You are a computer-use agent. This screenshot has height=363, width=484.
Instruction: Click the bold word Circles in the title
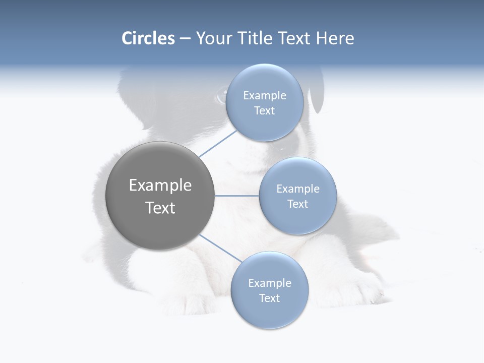(x=148, y=38)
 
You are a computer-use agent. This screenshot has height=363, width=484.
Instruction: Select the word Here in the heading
(x=335, y=38)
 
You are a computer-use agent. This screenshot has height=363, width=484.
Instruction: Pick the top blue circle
(x=264, y=126)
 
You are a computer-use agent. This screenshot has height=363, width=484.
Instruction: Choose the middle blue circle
(x=297, y=219)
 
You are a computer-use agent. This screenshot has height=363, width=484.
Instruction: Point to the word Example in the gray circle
(x=160, y=186)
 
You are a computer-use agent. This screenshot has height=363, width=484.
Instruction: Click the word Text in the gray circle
(x=160, y=208)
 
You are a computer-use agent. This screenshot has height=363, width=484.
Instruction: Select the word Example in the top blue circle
(x=264, y=95)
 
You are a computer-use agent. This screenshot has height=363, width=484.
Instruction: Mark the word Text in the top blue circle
(x=264, y=111)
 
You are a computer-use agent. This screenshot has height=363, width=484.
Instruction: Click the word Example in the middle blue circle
(x=297, y=189)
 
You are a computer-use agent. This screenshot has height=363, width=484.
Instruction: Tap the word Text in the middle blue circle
(x=297, y=204)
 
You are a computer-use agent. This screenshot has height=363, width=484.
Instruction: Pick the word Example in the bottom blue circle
(x=269, y=283)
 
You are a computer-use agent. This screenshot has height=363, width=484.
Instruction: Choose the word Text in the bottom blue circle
(x=269, y=298)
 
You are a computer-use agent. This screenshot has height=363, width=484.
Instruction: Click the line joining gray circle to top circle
(x=218, y=143)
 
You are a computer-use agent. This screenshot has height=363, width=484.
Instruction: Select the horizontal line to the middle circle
(x=236, y=196)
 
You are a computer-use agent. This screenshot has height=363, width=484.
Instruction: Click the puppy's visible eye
(x=221, y=94)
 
